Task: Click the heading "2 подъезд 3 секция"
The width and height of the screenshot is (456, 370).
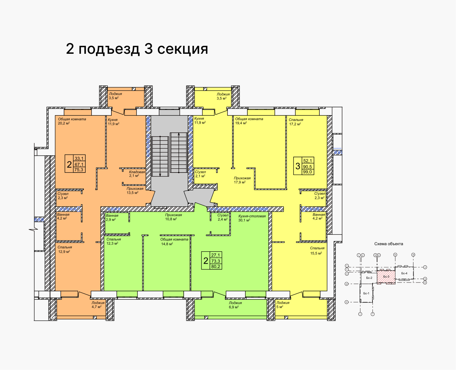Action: click(x=137, y=49)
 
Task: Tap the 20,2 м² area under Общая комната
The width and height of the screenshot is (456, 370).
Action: click(x=64, y=123)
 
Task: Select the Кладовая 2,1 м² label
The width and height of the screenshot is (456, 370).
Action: click(x=137, y=174)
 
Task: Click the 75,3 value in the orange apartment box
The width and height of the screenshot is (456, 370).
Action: click(x=79, y=170)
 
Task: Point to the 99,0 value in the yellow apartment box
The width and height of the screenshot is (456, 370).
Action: click(x=307, y=172)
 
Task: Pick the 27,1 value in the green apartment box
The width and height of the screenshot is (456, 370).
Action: click(x=216, y=255)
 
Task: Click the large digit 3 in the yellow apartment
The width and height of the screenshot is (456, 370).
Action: click(x=298, y=166)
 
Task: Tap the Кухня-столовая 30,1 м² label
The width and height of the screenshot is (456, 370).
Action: click(x=252, y=218)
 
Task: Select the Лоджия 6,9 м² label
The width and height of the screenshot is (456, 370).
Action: click(x=235, y=305)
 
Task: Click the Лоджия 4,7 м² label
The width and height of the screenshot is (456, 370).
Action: click(x=98, y=305)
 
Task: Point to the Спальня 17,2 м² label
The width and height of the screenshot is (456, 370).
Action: click(x=296, y=122)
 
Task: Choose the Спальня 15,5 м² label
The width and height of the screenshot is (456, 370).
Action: click(x=317, y=251)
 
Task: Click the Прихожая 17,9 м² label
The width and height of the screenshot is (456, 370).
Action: click(x=242, y=180)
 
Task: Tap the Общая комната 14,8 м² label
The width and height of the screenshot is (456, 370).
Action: click(x=174, y=242)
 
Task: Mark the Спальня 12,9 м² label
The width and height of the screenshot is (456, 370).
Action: click(x=65, y=249)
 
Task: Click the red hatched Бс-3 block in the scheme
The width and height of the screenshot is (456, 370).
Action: click(x=386, y=277)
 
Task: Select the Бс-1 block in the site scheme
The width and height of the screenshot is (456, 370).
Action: click(x=366, y=293)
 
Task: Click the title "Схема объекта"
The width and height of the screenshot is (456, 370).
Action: click(x=389, y=244)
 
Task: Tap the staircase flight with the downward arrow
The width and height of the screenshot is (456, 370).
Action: click(x=160, y=156)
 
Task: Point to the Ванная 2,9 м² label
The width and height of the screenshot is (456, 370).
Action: click(x=112, y=217)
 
